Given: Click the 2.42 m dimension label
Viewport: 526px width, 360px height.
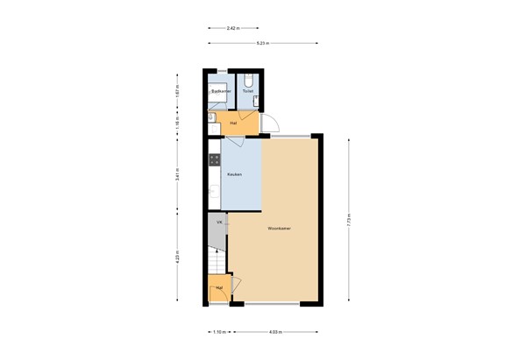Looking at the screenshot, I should (232, 29).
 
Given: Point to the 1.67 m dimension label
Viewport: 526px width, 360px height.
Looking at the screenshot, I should (178, 89).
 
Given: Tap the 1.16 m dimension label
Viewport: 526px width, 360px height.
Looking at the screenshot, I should (178, 124).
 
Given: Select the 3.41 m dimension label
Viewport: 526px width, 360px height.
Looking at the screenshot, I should (178, 173).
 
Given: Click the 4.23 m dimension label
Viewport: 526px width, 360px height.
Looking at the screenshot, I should (178, 258).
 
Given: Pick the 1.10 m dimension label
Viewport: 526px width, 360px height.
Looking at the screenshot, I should (218, 332).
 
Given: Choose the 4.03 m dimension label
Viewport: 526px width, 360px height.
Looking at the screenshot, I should (275, 332).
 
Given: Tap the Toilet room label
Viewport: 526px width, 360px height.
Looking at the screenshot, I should (248, 90).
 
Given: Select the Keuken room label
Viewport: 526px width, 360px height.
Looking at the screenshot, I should (234, 175).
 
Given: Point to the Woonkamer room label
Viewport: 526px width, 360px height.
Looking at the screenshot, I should (281, 229).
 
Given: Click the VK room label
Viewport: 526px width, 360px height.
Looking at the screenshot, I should (218, 223).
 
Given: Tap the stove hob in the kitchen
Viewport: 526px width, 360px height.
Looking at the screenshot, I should (213, 160).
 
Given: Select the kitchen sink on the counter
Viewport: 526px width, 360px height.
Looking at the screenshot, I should (213, 192).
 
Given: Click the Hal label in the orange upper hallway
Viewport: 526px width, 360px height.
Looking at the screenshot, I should (233, 124).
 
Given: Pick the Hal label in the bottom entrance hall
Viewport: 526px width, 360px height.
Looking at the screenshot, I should (218, 287).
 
